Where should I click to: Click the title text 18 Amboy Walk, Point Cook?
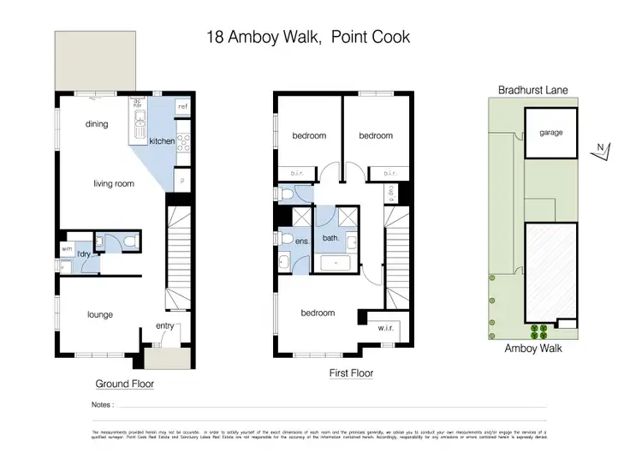pos(309,37)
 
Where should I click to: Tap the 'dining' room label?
pos(97,124)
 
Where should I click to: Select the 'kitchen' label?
pos(162,141)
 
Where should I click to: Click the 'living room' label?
pos(114,182)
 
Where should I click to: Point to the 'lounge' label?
pos(100,314)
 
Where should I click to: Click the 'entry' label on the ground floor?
pos(164,325)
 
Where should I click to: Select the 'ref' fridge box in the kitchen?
pos(181,106)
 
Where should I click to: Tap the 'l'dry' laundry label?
pos(84,255)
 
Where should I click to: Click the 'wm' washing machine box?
pos(66,249)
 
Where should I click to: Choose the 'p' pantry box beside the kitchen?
pos(181,182)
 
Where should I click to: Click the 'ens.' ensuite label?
pos(301,242)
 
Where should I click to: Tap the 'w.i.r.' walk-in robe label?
pos(386,327)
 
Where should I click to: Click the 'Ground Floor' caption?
pos(125,384)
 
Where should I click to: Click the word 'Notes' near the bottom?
pos(100,403)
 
